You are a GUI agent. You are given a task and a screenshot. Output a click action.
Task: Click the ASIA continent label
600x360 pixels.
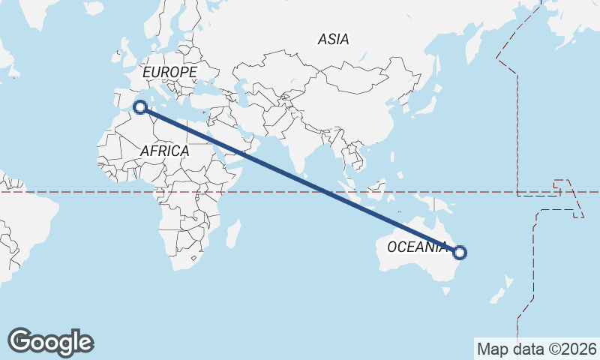[333, 39]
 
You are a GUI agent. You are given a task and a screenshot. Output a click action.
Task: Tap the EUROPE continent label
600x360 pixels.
[169, 72]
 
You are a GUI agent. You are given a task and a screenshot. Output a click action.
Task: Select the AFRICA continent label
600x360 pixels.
[164, 151]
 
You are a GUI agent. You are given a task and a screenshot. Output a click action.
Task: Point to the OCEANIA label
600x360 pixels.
[417, 247]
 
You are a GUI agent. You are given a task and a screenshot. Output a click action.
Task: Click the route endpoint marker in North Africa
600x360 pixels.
[140, 106]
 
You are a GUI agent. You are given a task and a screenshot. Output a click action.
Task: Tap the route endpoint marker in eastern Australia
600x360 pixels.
[460, 253]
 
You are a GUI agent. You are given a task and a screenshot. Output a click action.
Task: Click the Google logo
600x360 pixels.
[50, 341]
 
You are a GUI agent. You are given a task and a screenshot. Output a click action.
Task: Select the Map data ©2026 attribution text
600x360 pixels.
[536, 349]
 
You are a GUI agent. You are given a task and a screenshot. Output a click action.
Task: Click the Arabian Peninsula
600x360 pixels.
[225, 139]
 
